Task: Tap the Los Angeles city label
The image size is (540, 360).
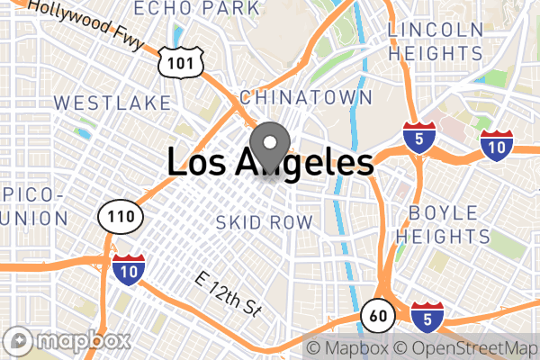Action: point(270,163)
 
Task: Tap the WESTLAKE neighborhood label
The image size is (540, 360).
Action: point(112,101)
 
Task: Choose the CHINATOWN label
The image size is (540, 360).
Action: point(305,96)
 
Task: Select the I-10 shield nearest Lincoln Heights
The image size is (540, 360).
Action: point(496,145)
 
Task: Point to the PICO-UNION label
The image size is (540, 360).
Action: point(32,206)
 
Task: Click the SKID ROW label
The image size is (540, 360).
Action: point(265,221)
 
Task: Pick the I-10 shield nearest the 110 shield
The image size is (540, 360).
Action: point(128,268)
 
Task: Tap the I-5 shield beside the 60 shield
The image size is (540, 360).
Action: point(427,316)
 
